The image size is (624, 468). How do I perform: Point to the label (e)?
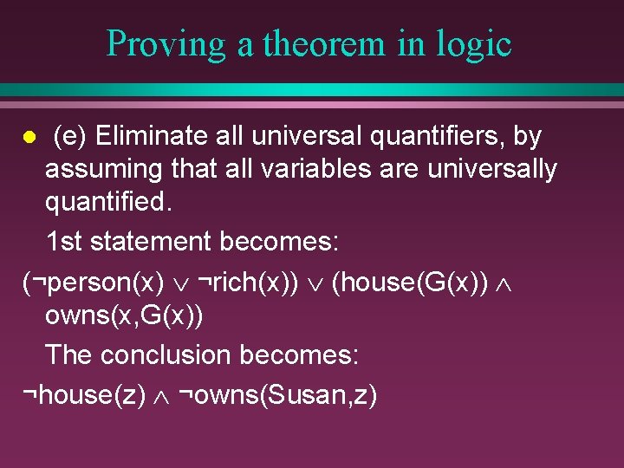tap(70, 136)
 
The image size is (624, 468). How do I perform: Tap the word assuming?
tap(103, 169)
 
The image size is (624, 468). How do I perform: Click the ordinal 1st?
tap(66, 240)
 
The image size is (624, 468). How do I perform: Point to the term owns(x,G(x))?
tap(124, 316)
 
